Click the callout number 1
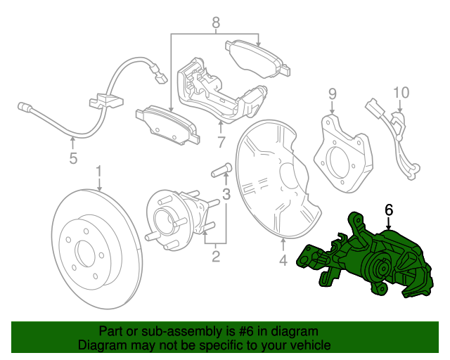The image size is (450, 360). click(99, 172)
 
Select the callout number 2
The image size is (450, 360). click(214, 255)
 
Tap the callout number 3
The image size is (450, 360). click(226, 194)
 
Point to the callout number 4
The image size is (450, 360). click(283, 261)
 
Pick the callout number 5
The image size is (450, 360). click(73, 159)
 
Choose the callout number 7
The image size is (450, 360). click(221, 143)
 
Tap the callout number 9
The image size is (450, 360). click(333, 94)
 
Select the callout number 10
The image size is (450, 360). click(400, 93)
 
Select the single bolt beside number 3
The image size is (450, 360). click(219, 169)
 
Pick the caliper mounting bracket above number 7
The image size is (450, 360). click(218, 91)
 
